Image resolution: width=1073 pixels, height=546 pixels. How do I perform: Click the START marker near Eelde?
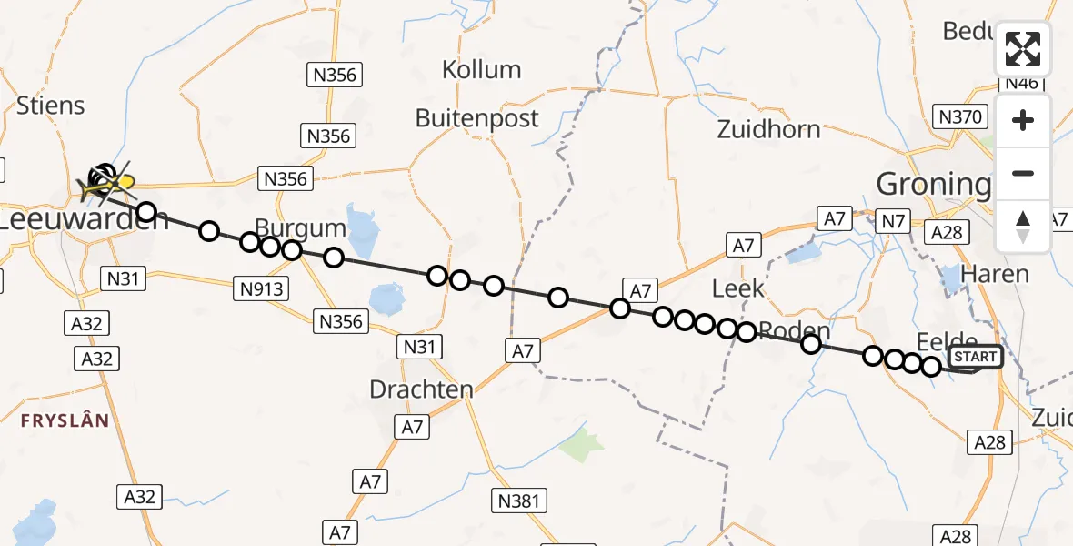pyautogui.click(x=975, y=357)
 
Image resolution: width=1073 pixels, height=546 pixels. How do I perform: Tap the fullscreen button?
pyautogui.click(x=1023, y=49)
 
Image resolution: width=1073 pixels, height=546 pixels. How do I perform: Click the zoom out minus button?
pyautogui.click(x=1023, y=173)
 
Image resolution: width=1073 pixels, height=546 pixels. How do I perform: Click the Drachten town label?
pyautogui.click(x=421, y=389)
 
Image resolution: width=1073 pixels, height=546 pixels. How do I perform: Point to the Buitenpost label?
pyautogui.click(x=476, y=118)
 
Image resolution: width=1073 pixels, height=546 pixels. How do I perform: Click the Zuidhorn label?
pyautogui.click(x=768, y=129)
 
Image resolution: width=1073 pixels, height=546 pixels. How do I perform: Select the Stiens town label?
pyautogui.click(x=51, y=106)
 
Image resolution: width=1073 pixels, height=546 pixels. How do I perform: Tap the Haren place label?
pyautogui.click(x=995, y=274)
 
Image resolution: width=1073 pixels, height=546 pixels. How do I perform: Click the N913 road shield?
pyautogui.click(x=263, y=289)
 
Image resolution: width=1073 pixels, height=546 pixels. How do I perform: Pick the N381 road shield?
pyautogui.click(x=519, y=500)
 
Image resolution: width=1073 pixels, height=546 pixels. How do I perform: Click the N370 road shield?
pyautogui.click(x=960, y=116)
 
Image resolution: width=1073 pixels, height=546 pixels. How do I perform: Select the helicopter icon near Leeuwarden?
pyautogui.click(x=105, y=185)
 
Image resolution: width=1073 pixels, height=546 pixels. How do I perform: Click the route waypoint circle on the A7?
pyautogui.click(x=620, y=308)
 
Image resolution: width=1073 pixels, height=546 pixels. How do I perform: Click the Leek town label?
pyautogui.click(x=737, y=289)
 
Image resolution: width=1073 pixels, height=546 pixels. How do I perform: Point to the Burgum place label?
pyautogui.click(x=300, y=227)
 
